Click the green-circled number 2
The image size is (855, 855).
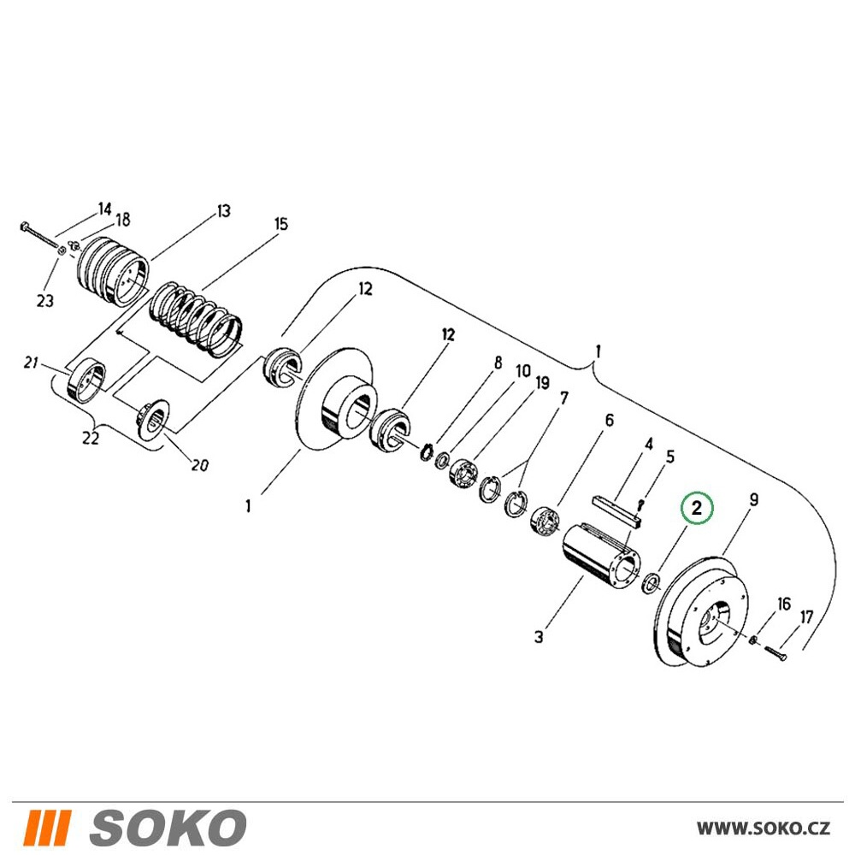[696, 509]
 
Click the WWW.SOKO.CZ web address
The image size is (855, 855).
[764, 828]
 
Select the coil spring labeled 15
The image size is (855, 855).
[197, 319]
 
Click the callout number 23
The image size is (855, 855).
[45, 300]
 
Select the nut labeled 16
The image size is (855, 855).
[753, 639]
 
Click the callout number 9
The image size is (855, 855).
[753, 499]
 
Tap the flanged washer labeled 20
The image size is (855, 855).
[153, 418]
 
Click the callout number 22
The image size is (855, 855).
[91, 437]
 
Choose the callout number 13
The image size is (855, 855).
[224, 211]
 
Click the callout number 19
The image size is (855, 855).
[542, 383]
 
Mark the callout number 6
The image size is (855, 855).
[609, 420]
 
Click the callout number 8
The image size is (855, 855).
[498, 363]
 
